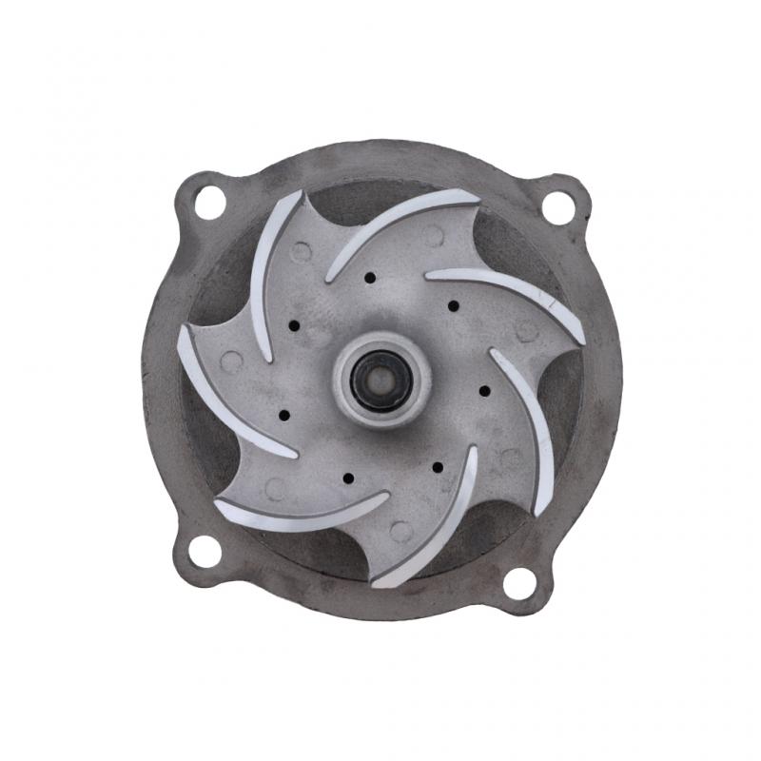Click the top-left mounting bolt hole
pos(210,202)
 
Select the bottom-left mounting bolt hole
pos(202,551)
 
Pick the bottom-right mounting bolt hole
pos(519,581)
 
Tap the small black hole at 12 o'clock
pos(369,279)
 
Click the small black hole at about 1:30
pos(453,305)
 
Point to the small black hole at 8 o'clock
pos(284,416)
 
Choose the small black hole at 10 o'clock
pos(294,325)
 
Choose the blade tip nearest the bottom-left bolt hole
pos(221,504)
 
